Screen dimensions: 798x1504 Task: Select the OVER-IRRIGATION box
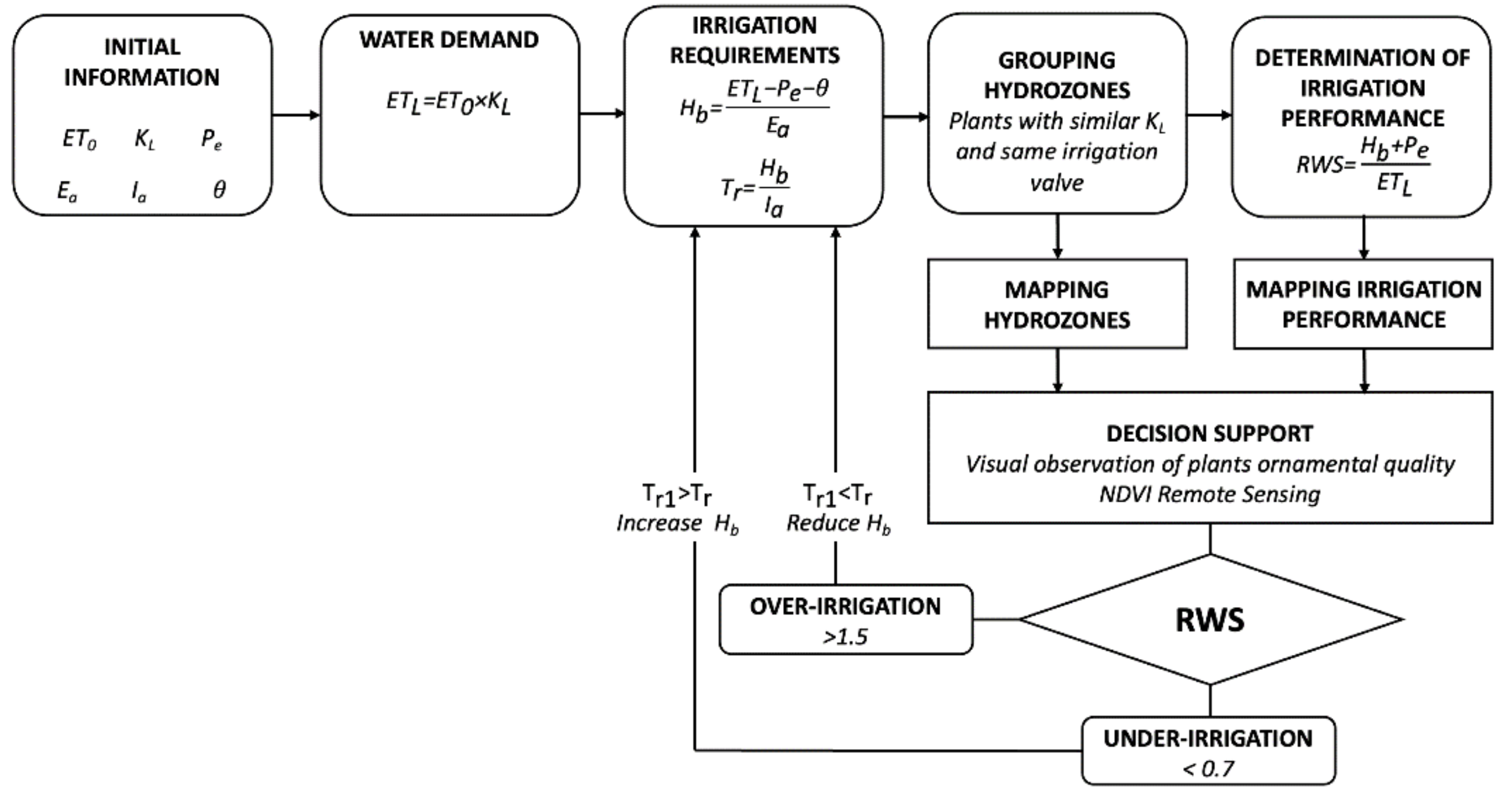pyautogui.click(x=846, y=620)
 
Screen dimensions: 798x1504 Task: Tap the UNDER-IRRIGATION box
pyautogui.click(x=1208, y=751)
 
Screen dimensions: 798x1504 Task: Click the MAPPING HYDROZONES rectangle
pyautogui.click(x=1057, y=304)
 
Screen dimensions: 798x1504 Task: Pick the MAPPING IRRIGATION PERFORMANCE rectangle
pyautogui.click(x=1363, y=304)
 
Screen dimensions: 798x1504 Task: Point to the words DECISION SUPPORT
pyautogui.click(x=1209, y=434)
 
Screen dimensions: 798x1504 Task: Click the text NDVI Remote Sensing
pyautogui.click(x=1209, y=495)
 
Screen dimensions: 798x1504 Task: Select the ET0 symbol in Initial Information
pyautogui.click(x=79, y=139)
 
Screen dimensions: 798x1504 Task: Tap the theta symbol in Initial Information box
pyautogui.click(x=219, y=189)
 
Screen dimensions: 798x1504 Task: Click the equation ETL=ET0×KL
pyautogui.click(x=449, y=103)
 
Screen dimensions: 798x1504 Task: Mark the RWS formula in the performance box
pyautogui.click(x=1363, y=165)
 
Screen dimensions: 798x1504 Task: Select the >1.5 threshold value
pyautogui.click(x=845, y=637)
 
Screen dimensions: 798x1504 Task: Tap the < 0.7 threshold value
pyautogui.click(x=1208, y=769)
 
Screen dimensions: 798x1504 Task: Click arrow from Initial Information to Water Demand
pyautogui.click(x=296, y=114)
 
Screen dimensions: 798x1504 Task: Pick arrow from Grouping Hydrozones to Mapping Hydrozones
pyautogui.click(x=1057, y=237)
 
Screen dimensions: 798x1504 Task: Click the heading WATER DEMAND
pyautogui.click(x=449, y=40)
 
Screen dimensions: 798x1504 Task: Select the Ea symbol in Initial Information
pyautogui.click(x=67, y=190)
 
